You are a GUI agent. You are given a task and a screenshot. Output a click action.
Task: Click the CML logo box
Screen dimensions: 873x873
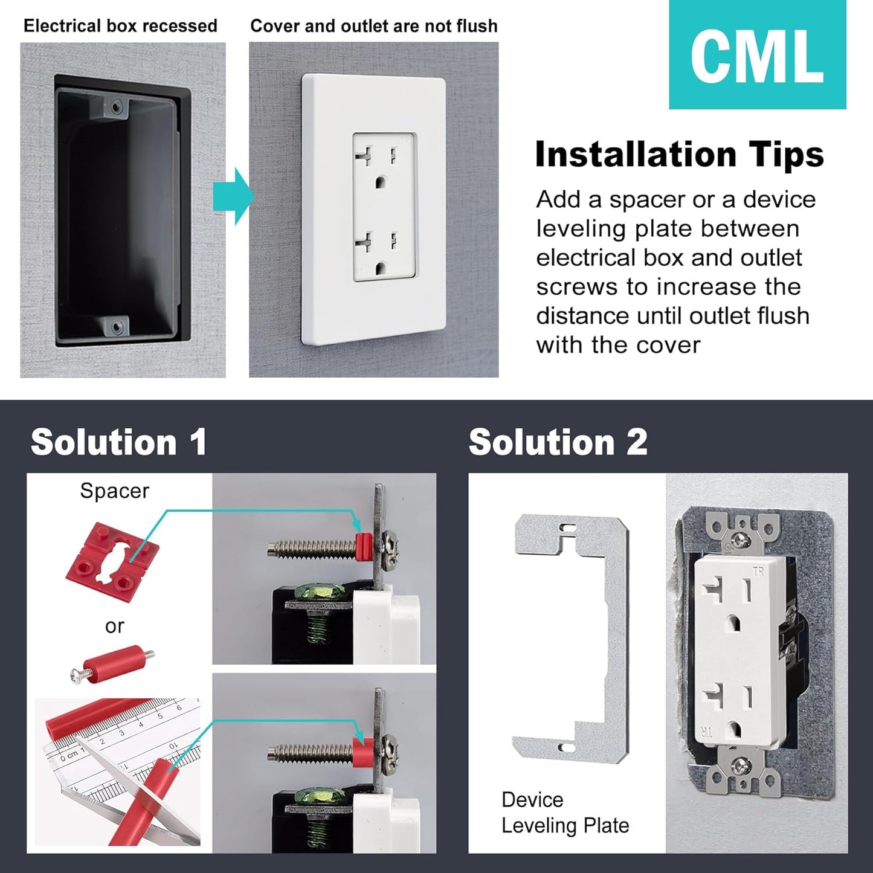pos(757,55)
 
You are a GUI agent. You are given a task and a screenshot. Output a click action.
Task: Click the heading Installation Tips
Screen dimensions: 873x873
pos(679,155)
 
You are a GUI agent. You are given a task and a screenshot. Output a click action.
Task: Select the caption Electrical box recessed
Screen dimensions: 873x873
pos(120,26)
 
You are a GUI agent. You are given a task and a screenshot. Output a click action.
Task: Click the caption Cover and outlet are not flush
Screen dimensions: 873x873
pos(373,26)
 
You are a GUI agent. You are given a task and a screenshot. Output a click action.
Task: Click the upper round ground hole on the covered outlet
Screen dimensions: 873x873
pos(381,181)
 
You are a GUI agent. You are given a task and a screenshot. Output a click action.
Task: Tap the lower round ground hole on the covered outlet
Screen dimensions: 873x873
pos(381,268)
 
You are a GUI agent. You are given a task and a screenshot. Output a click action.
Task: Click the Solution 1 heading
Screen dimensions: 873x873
pos(119,442)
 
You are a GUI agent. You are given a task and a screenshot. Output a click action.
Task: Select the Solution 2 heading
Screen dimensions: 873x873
pos(558,442)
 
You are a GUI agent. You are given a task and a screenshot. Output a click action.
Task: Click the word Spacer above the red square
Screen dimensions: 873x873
pos(114,491)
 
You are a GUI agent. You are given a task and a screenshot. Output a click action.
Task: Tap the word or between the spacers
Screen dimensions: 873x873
pos(114,627)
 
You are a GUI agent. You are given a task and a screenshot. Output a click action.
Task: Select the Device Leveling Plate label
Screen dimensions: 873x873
pos(565,813)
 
